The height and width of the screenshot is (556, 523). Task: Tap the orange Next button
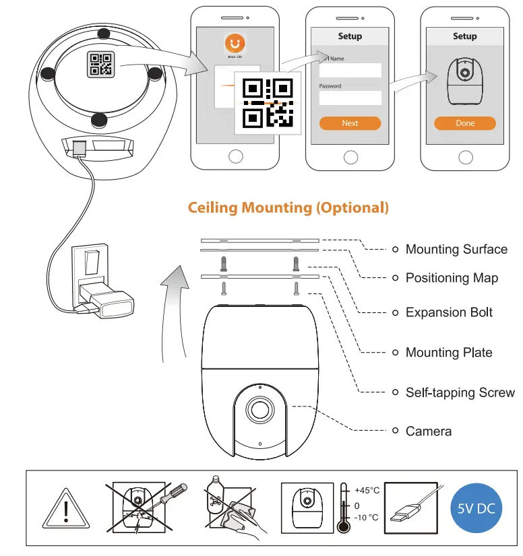point(350,123)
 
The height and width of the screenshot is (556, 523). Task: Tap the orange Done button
point(464,123)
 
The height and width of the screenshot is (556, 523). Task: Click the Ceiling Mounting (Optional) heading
point(288,207)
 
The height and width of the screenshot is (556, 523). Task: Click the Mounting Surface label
point(456,249)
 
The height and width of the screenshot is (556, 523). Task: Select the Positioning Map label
point(452,277)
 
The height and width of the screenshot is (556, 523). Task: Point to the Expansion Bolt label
point(449,312)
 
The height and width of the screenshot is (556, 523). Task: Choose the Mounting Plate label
point(449,352)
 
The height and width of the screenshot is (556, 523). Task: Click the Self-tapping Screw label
point(460,392)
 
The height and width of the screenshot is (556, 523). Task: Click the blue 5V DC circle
point(476,508)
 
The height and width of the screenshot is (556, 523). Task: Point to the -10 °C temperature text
point(367,518)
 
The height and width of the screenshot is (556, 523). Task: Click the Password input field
point(350,98)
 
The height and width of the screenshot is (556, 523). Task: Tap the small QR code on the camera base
point(101,65)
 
